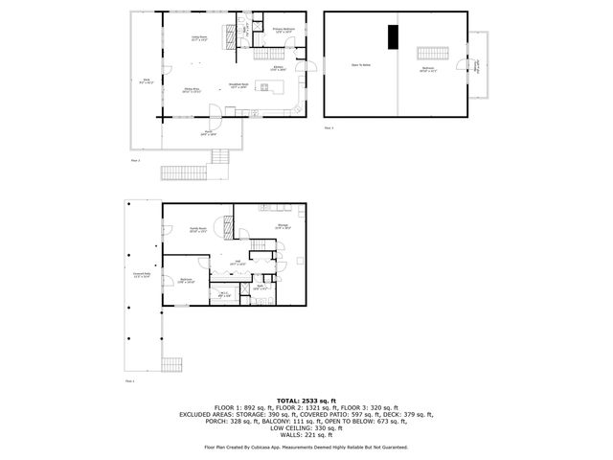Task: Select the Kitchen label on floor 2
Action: tap(278, 68)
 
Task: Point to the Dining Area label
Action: tap(192, 91)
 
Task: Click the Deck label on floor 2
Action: tap(145, 83)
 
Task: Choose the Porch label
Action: tap(208, 133)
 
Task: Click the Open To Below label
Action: tap(360, 66)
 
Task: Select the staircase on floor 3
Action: tap(433, 53)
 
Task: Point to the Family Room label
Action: tap(198, 229)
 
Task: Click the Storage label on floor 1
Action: tap(284, 226)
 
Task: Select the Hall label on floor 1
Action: tap(239, 263)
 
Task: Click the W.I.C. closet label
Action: tap(222, 294)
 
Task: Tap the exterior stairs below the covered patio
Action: tap(171, 365)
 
